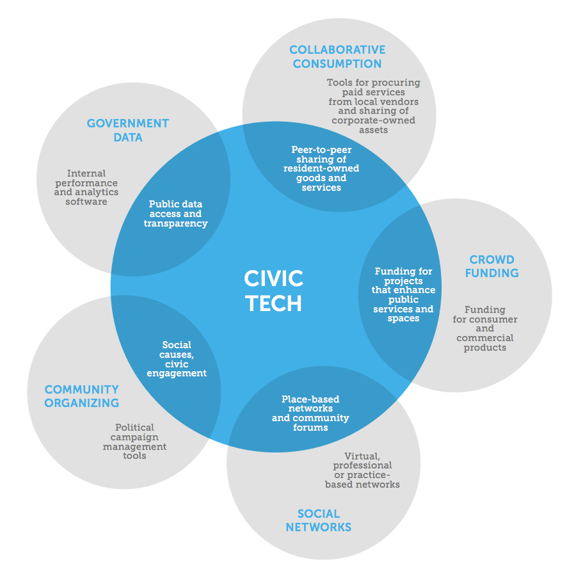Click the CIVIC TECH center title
[273, 291]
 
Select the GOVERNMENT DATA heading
[128, 130]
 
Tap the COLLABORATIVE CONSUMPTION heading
[337, 56]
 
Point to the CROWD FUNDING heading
[492, 266]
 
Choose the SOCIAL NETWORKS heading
[318, 520]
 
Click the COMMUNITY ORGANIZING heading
[81, 396]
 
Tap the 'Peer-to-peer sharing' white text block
[321, 168]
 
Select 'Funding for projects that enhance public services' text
[403, 294]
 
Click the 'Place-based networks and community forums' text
[310, 413]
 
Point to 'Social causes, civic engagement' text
[177, 359]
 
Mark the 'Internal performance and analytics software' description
[86, 187]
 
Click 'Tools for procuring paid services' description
[373, 106]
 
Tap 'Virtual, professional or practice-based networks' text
[362, 470]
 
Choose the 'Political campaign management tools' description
[134, 441]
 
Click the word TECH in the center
[273, 303]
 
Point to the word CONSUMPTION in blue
[337, 63]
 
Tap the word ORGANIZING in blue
[81, 403]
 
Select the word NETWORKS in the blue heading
[318, 527]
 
